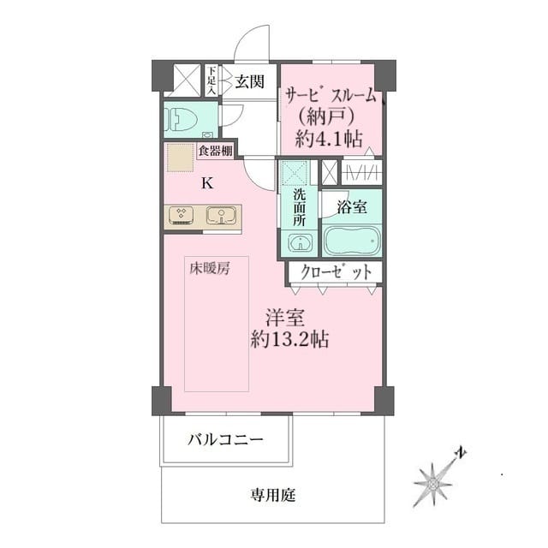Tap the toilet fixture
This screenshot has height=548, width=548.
point(183,119)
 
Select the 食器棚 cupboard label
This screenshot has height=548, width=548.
point(214,152)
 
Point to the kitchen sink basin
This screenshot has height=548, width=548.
point(220,215)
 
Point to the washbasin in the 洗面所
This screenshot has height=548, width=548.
point(299,244)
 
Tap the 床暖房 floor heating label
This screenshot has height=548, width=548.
point(208,268)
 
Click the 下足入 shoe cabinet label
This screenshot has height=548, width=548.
point(211,80)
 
